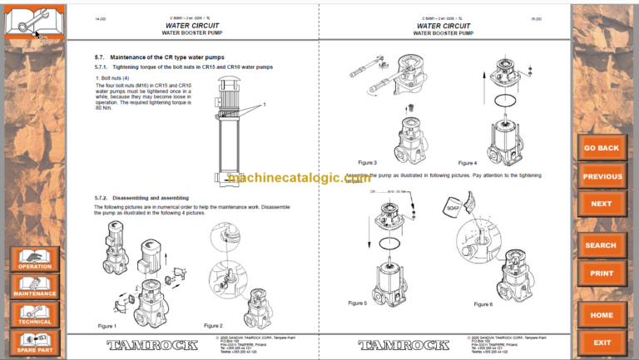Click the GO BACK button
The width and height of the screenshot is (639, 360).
tap(601, 148)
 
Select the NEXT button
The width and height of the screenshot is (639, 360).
tap(601, 204)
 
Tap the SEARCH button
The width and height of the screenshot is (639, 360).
tap(601, 245)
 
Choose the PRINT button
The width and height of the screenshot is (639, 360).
tap(601, 273)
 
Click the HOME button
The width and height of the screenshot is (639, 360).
tap(601, 315)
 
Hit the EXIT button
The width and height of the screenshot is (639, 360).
tap(601, 342)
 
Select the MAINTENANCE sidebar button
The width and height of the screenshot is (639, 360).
tap(35, 286)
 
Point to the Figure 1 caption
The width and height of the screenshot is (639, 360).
tap(107, 326)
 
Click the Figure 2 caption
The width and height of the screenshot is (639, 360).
tap(213, 325)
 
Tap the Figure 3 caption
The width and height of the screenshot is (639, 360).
tap(367, 162)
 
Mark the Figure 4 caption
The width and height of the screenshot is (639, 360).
tap(468, 162)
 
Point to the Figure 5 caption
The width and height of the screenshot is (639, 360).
tap(357, 303)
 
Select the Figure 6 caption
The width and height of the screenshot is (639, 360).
tap(483, 304)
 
